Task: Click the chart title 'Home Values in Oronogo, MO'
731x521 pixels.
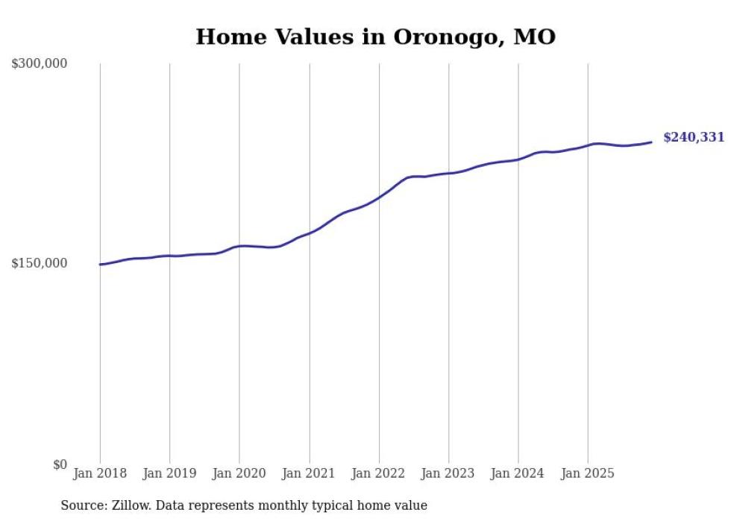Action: point(375,37)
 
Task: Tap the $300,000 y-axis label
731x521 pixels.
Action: point(40,63)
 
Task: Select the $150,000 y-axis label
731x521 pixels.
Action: point(40,263)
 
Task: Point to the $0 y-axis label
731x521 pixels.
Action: point(60,464)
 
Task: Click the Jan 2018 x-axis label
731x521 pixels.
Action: point(100,473)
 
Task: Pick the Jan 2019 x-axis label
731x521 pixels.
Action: point(169,473)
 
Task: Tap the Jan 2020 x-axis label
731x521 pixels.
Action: point(239,473)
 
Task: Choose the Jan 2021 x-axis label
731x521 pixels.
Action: point(309,473)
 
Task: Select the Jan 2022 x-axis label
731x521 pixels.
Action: point(379,473)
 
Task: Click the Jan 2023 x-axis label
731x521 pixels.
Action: point(448,473)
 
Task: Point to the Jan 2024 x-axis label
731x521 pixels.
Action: point(518,473)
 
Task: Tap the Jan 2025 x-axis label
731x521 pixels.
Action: point(588,473)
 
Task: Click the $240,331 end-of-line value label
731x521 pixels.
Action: point(694,137)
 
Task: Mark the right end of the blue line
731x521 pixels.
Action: point(651,142)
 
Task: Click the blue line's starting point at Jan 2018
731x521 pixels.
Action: point(100,264)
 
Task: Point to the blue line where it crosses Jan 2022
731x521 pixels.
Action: point(379,197)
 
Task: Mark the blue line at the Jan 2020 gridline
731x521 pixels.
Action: point(239,246)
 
